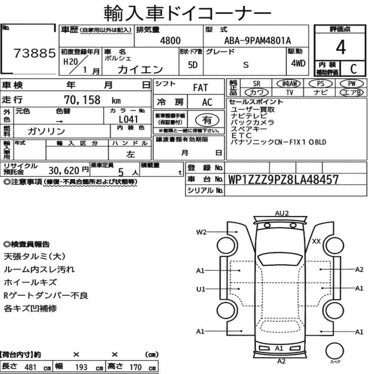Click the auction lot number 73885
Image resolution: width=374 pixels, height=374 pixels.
pyautogui.click(x=34, y=53)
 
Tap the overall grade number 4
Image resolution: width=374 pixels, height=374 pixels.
pyautogui.click(x=341, y=47)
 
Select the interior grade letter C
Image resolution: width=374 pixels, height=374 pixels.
pyautogui.click(x=353, y=69)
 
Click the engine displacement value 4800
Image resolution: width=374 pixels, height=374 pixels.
pyautogui.click(x=170, y=40)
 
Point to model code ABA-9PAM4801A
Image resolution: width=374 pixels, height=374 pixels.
pyautogui.click(x=257, y=40)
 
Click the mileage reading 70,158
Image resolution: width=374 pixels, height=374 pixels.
pyautogui.click(x=82, y=100)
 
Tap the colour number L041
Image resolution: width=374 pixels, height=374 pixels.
pyautogui.click(x=128, y=119)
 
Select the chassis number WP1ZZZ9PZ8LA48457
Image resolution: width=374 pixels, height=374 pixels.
pyautogui.click(x=283, y=180)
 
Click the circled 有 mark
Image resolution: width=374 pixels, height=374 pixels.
pyautogui.click(x=207, y=120)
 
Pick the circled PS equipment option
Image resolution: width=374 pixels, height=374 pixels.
pyautogui.click(x=321, y=84)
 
